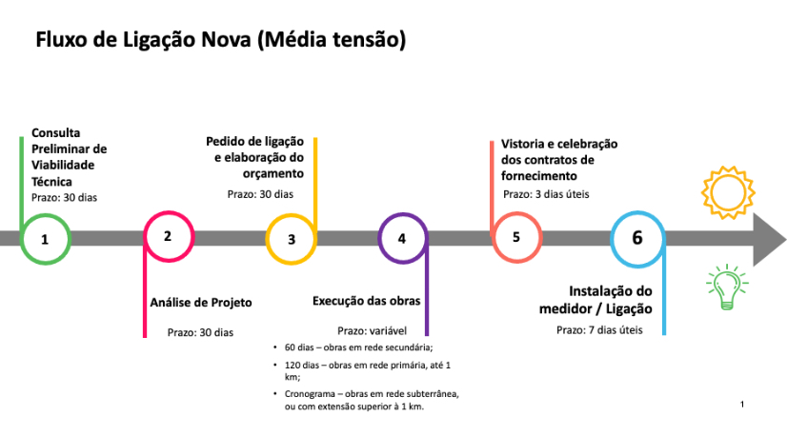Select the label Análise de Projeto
pos(201,303)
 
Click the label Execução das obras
pos(367,301)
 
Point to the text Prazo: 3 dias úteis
pos(546,194)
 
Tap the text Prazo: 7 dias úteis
pos(599,330)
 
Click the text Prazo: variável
pos(372,330)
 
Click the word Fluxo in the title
pos(61,39)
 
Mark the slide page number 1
pos(742,405)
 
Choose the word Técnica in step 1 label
pos(51,181)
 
